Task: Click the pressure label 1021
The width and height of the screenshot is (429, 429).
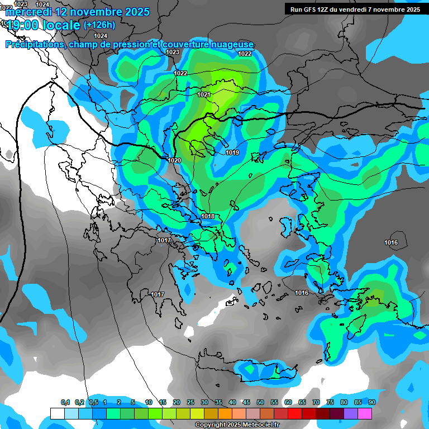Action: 203,94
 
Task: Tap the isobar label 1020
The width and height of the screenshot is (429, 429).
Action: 174,160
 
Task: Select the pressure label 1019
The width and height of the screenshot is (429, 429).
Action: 232,152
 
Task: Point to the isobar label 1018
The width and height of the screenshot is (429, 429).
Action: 208,216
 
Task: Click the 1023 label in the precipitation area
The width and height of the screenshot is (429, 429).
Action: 173,52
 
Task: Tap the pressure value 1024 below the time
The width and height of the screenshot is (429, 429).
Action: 101,36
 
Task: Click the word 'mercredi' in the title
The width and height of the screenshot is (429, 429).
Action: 28,12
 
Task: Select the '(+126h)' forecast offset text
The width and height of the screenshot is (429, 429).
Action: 99,25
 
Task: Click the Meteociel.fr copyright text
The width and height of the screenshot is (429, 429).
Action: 237,425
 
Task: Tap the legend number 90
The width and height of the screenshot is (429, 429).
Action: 372,402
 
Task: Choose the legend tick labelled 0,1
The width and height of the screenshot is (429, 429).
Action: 65,402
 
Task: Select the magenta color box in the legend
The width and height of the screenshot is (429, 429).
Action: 365,413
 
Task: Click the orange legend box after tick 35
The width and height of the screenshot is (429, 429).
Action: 225,413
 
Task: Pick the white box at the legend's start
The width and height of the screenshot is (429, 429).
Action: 57,413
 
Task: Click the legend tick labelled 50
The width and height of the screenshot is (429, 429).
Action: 260,402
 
